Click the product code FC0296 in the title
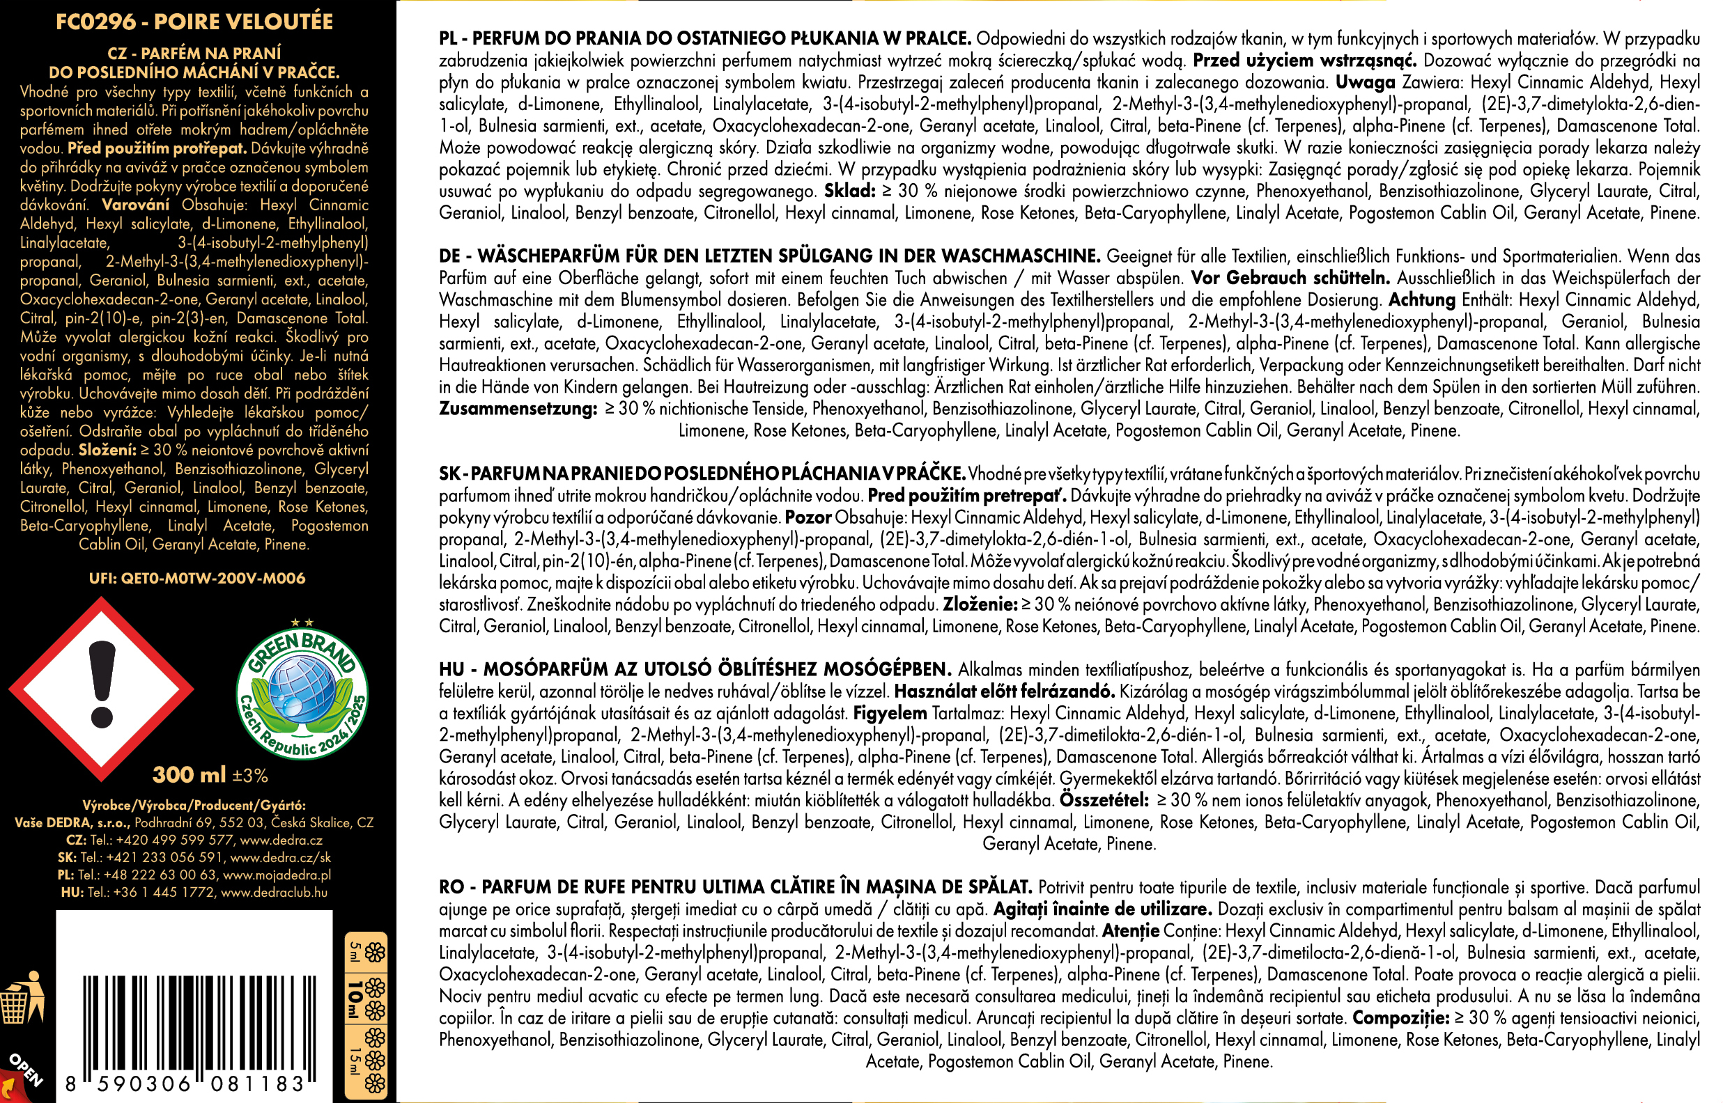click(x=95, y=22)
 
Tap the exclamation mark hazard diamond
click(x=102, y=689)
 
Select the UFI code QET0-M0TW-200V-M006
click(x=196, y=578)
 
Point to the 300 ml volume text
click(x=189, y=775)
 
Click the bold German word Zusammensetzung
click(x=518, y=409)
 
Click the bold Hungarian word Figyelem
click(x=890, y=713)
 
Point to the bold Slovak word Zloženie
click(x=980, y=604)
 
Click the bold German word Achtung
click(x=1421, y=300)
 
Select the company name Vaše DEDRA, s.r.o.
click(x=72, y=823)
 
